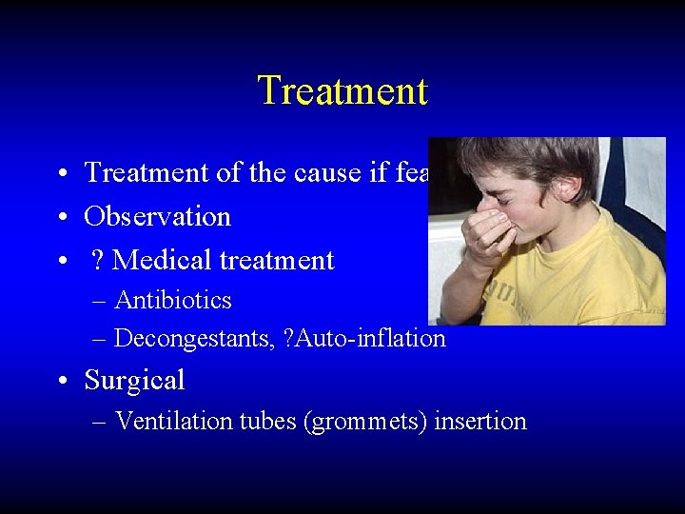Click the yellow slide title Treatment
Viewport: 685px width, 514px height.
pyautogui.click(x=342, y=91)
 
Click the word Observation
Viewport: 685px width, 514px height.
pyautogui.click(x=158, y=217)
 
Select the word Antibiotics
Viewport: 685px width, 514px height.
pyautogui.click(x=173, y=301)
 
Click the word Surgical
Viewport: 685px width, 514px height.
pyautogui.click(x=134, y=381)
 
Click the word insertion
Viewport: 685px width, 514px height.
pyautogui.click(x=480, y=422)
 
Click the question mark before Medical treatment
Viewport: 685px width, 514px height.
pyautogui.click(x=99, y=261)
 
